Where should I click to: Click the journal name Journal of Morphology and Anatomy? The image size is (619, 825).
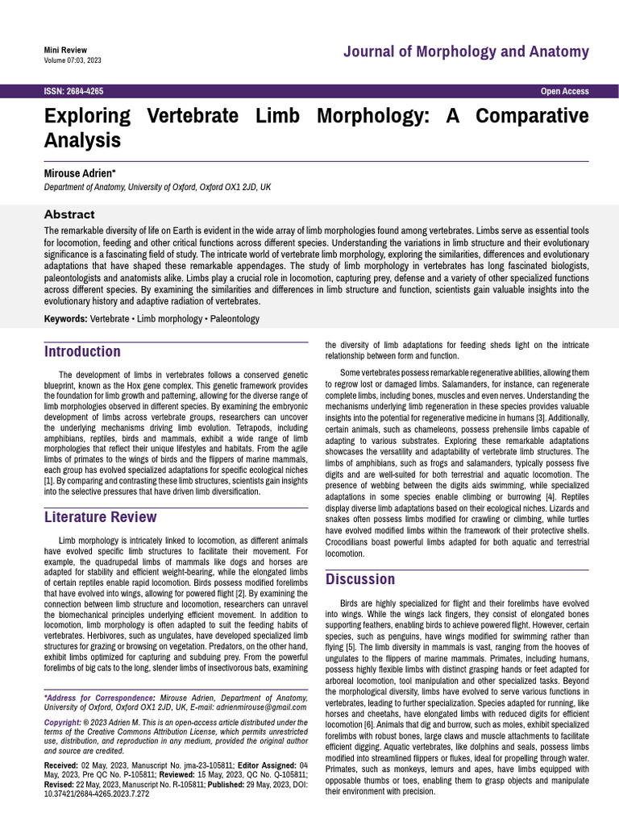pyautogui.click(x=466, y=52)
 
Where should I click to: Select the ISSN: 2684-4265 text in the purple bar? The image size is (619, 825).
pyautogui.click(x=73, y=92)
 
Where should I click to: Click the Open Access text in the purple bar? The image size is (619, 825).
pyautogui.click(x=564, y=92)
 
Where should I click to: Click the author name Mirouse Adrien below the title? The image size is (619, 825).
pyautogui.click(x=79, y=173)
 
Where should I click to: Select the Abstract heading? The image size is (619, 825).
pyautogui.click(x=69, y=214)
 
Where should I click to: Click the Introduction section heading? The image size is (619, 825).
pyautogui.click(x=82, y=351)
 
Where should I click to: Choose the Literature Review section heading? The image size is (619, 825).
pyautogui.click(x=100, y=516)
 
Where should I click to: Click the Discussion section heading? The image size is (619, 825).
pyautogui.click(x=360, y=578)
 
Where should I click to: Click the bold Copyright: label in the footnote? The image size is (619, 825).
pyautogui.click(x=63, y=723)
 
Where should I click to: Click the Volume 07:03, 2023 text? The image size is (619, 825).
pyautogui.click(x=73, y=60)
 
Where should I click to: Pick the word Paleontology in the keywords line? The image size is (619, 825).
pyautogui.click(x=232, y=319)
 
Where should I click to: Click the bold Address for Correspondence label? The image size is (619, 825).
pyautogui.click(x=98, y=697)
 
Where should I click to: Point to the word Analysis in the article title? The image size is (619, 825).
pyautogui.click(x=82, y=140)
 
